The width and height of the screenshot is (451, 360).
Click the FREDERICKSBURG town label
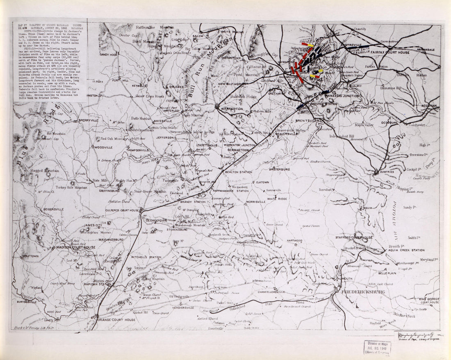pyautogui.click(x=362, y=292)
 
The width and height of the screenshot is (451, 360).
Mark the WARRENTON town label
pyautogui.click(x=232, y=109)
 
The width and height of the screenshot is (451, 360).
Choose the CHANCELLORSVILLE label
pyautogui.click(x=269, y=292)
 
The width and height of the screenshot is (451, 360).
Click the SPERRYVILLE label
pyautogui.click(x=89, y=121)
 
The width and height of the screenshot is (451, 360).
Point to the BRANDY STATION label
pyautogui.click(x=194, y=202)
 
